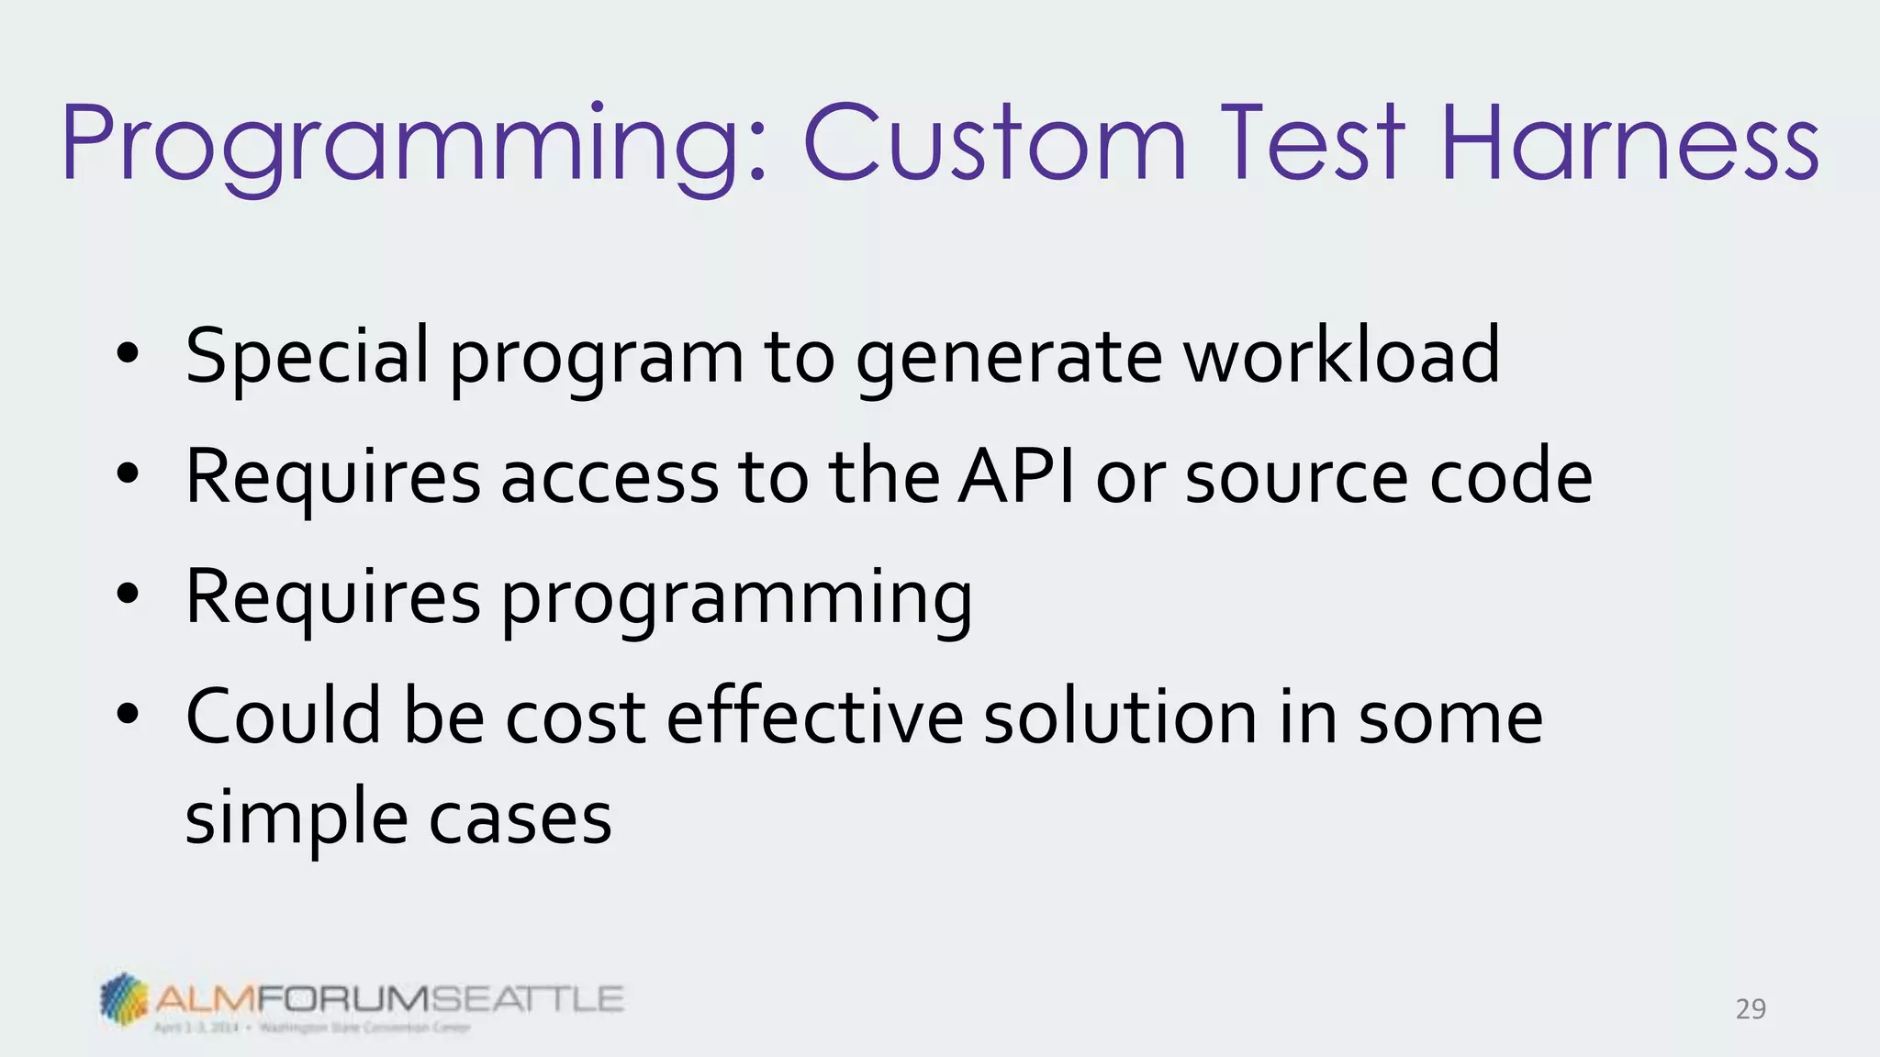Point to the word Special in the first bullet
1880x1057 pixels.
click(x=307, y=356)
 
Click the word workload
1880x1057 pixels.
click(x=1341, y=356)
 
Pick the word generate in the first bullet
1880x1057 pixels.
click(x=1009, y=356)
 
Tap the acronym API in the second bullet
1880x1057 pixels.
click(x=1016, y=476)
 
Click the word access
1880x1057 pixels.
click(x=610, y=476)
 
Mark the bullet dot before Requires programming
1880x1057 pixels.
click(x=128, y=594)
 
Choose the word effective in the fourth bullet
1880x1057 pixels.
click(x=814, y=717)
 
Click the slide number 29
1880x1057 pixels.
click(x=1751, y=1009)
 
